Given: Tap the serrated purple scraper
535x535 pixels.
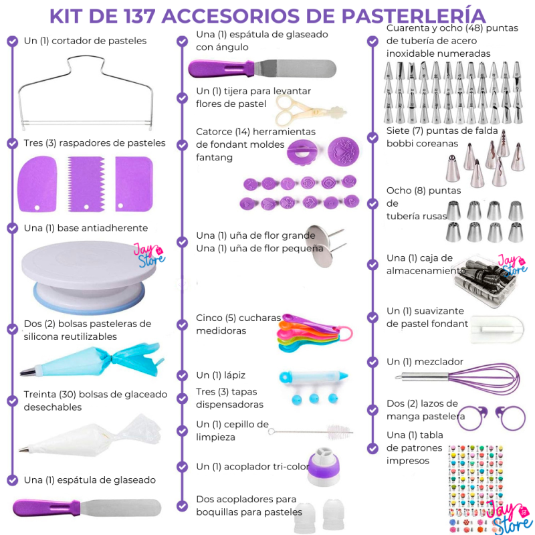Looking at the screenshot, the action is point(86,184).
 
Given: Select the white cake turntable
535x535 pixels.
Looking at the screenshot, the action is point(89,277).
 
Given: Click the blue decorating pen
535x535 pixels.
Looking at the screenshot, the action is point(313,377).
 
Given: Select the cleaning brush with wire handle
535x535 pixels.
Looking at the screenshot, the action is point(310,432).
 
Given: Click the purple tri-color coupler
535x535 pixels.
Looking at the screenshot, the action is point(324,467).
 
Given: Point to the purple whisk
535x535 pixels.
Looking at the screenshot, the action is point(457,378).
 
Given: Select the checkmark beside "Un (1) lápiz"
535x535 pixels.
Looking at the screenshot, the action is point(182,375).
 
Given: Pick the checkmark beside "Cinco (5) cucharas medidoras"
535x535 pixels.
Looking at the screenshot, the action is point(182,324).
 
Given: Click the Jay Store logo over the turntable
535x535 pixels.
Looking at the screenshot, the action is point(149,255).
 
